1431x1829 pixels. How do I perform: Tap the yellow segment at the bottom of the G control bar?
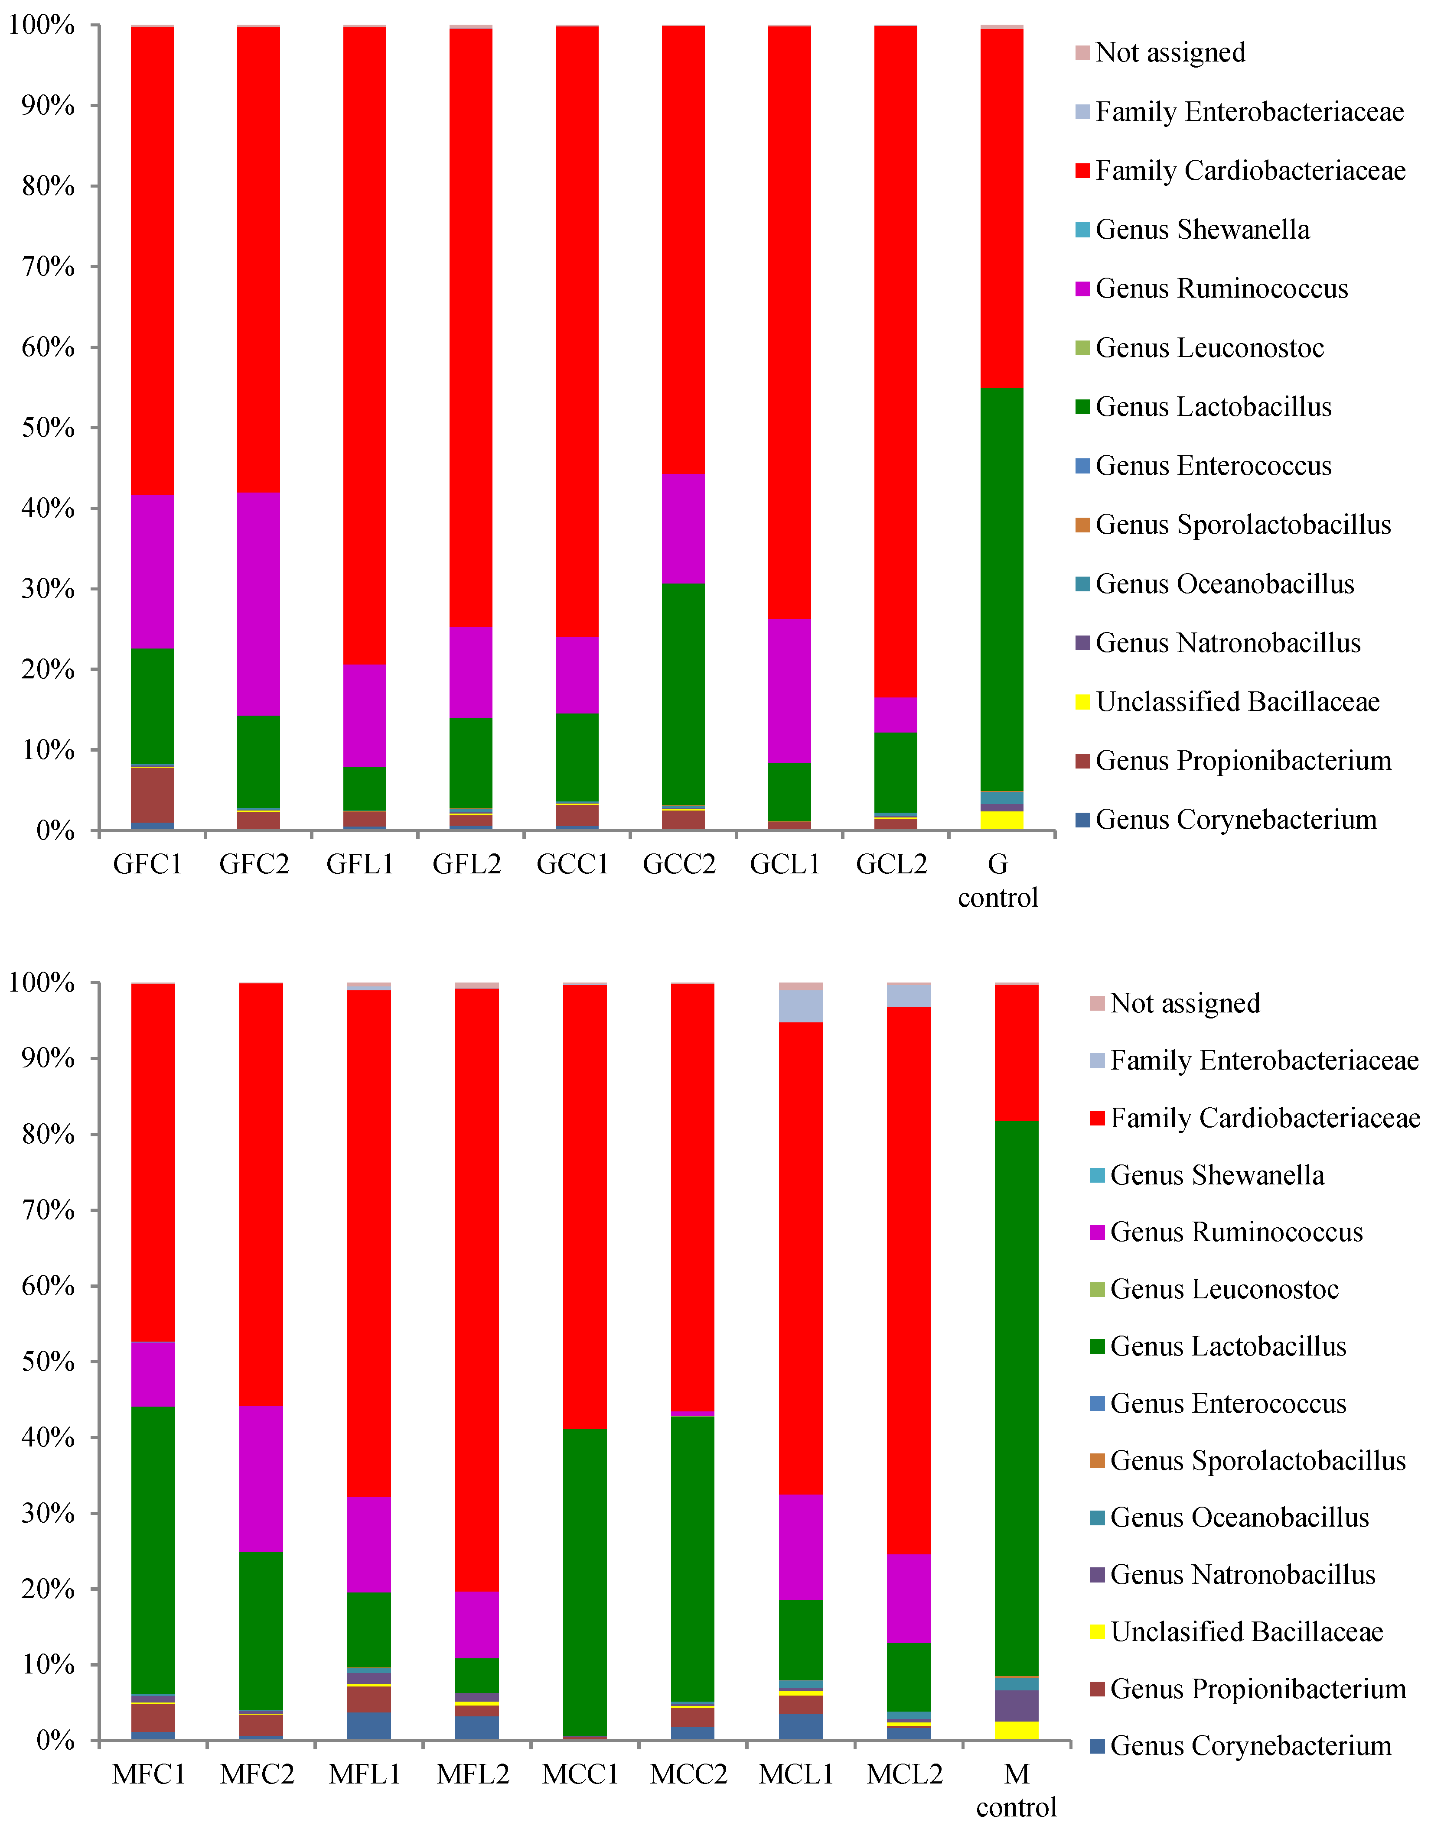[1001, 820]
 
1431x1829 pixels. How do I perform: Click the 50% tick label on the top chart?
[48, 428]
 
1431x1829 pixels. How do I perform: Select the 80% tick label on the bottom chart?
[48, 1135]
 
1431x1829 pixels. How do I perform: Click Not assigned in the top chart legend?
[1170, 53]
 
